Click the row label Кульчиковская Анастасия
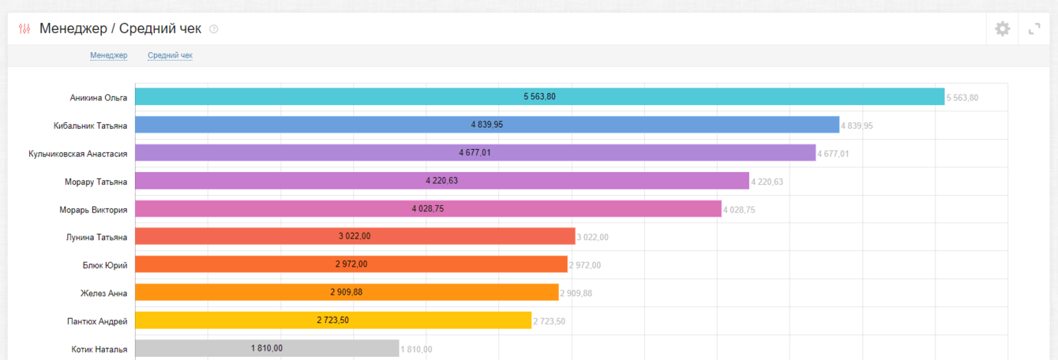tap(77, 153)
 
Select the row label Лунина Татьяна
tap(96, 237)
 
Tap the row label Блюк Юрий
tap(104, 265)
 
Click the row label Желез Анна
tap(103, 293)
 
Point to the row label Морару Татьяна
tap(96, 182)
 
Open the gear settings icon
tap(1002, 29)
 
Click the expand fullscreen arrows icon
tap(1034, 29)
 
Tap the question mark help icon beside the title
tap(213, 29)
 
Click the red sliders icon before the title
tap(24, 29)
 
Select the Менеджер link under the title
tap(109, 55)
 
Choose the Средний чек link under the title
tap(170, 55)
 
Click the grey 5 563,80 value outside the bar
tap(962, 98)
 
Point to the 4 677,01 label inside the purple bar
tap(475, 152)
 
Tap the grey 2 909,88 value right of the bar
tap(576, 294)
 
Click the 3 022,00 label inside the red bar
tap(355, 236)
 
